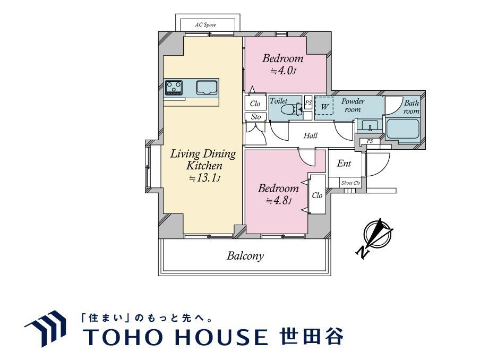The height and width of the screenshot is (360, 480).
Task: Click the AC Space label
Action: point(205,25)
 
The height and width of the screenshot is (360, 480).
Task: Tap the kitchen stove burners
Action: point(174,88)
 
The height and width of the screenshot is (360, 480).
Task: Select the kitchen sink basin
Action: point(207,88)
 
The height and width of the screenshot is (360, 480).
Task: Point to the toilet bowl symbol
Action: point(291,109)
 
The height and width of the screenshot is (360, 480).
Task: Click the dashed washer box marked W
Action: point(324,106)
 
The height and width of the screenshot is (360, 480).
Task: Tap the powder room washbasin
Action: point(370,125)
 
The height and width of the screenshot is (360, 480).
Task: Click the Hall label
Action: point(311,135)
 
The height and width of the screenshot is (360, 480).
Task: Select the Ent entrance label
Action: point(344,164)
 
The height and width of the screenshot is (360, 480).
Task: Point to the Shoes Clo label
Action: point(351,183)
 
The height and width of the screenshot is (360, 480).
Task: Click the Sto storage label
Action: point(256,117)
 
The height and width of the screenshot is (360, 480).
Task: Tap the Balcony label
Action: point(245,255)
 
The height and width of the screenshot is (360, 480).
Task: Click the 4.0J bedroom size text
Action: point(283,71)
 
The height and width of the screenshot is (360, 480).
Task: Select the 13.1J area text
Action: point(204,178)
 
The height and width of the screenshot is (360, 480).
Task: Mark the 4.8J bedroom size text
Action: point(279,201)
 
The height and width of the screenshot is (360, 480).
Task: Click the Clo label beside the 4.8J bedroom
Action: point(317,195)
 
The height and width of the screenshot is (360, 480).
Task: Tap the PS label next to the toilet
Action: point(308,103)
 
